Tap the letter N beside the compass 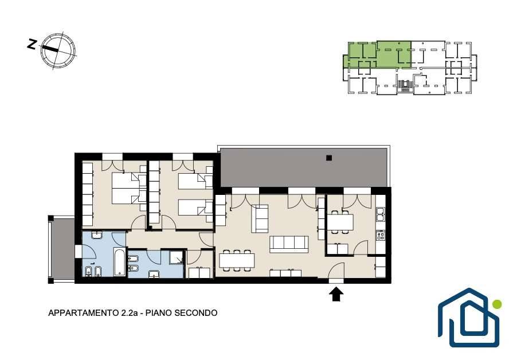pyautogui.click(x=33, y=43)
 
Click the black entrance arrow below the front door pyautogui.click(x=336, y=294)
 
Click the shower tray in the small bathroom pyautogui.click(x=177, y=259)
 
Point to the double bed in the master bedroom pyautogui.click(x=125, y=188)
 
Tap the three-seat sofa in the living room pyautogui.click(x=289, y=244)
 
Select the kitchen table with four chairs pyautogui.click(x=340, y=221)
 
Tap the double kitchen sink pyautogui.click(x=380, y=215)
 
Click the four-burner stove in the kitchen pyautogui.click(x=380, y=235)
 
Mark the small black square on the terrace pyautogui.click(x=328, y=157)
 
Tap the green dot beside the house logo pyautogui.click(x=496, y=304)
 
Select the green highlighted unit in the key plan pyautogui.click(x=378, y=54)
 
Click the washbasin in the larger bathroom pyautogui.click(x=96, y=235)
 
